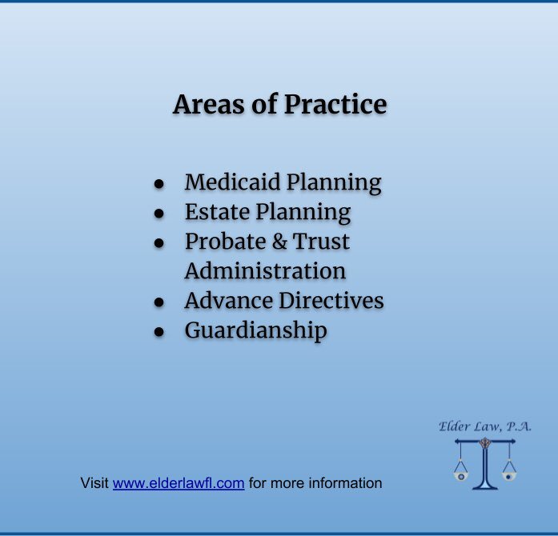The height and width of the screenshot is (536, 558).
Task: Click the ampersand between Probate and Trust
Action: tap(276, 242)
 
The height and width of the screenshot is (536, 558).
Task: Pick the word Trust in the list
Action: tap(322, 242)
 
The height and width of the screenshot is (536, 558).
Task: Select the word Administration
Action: tap(265, 271)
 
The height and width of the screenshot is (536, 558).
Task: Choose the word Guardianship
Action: tap(255, 330)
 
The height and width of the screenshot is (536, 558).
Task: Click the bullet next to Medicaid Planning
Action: tap(159, 184)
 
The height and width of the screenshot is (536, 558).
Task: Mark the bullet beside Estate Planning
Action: tap(159, 214)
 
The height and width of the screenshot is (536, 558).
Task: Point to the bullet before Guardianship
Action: tap(159, 332)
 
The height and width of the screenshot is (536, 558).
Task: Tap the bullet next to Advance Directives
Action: tap(159, 302)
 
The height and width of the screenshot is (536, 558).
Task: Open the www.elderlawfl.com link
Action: tap(178, 483)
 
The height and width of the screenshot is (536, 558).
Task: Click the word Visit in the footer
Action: tap(94, 483)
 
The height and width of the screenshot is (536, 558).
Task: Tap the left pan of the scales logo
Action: tap(461, 474)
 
